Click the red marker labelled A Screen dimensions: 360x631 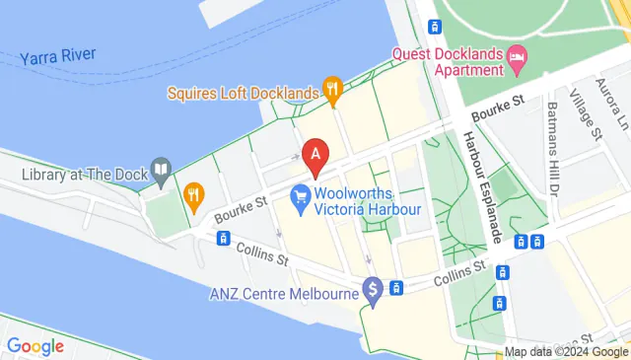click(x=315, y=155)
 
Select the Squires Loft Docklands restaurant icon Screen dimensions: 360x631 click(x=333, y=93)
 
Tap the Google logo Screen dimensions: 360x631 click(x=35, y=346)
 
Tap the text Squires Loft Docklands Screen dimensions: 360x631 click(x=244, y=94)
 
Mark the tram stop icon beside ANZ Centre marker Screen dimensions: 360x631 click(x=395, y=288)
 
